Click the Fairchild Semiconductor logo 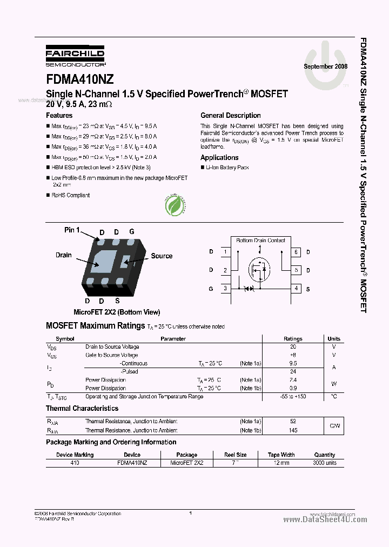(75, 55)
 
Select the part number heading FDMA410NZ (80, 79)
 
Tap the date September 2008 (325, 66)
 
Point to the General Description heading (230, 115)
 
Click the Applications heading (219, 157)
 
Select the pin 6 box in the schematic (296, 252)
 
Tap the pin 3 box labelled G (225, 288)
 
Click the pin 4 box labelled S (296, 288)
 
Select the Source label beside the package (162, 256)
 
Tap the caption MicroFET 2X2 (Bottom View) (117, 312)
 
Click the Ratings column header (293, 339)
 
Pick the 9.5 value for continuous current (293, 363)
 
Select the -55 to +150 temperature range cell (293, 396)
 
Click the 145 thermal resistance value (293, 430)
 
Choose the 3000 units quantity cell (324, 463)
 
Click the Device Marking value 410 (75, 463)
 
